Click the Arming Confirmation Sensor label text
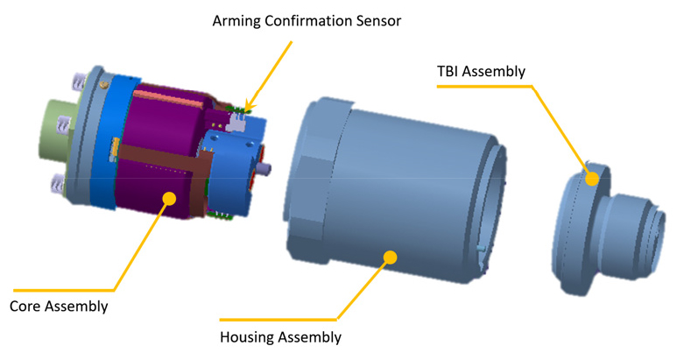[x=307, y=21]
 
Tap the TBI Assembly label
[x=481, y=71]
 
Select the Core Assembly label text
[x=59, y=307]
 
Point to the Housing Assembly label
[x=280, y=337]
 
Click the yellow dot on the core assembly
[x=169, y=199]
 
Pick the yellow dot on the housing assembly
[x=391, y=258]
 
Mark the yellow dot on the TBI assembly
[x=592, y=179]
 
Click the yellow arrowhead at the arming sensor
[x=249, y=105]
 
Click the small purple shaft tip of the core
[x=265, y=167]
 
